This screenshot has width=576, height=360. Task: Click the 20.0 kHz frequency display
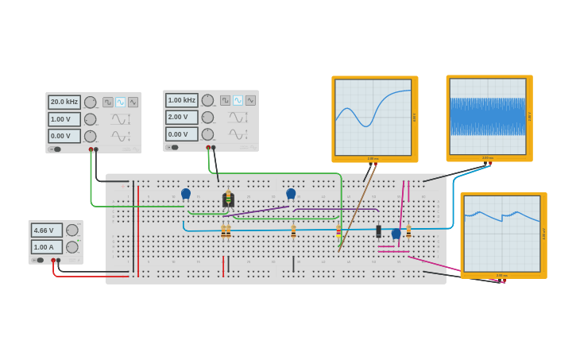[x=64, y=102]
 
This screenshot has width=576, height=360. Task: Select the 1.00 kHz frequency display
[x=182, y=100]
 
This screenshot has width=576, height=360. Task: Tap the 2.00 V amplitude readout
[x=182, y=117]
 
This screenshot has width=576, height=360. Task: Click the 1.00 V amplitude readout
[x=64, y=119]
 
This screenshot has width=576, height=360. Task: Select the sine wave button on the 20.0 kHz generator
[x=121, y=102]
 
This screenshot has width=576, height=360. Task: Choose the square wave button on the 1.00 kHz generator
[x=225, y=100]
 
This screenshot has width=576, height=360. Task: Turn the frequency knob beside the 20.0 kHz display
[x=91, y=102]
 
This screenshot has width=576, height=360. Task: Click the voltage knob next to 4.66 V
[x=72, y=230]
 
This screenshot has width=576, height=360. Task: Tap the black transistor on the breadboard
[x=228, y=199]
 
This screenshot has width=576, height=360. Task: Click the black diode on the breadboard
[x=378, y=231]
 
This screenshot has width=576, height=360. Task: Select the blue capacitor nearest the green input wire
[x=186, y=193]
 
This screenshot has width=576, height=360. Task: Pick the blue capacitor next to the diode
[x=396, y=234]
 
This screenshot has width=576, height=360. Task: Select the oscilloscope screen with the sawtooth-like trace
[x=502, y=233]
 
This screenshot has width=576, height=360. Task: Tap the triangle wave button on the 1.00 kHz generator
[x=250, y=100]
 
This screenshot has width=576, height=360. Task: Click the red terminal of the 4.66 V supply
[x=53, y=261]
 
